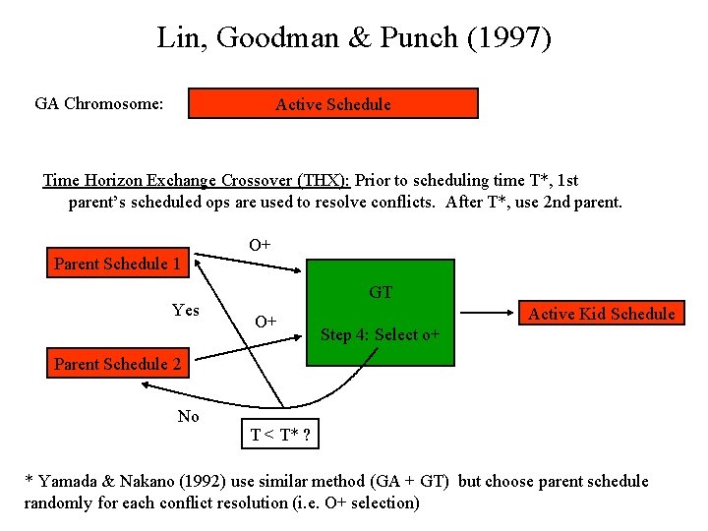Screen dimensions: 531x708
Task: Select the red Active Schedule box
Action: click(333, 104)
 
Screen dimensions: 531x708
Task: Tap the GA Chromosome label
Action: click(98, 103)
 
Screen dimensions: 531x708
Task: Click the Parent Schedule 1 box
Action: click(117, 264)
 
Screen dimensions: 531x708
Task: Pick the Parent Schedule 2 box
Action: click(117, 364)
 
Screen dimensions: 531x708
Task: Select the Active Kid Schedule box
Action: click(602, 314)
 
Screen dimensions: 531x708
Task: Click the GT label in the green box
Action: click(381, 292)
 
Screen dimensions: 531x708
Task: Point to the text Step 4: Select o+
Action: click(380, 334)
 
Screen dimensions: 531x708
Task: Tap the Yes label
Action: click(185, 311)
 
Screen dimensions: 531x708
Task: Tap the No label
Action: click(188, 416)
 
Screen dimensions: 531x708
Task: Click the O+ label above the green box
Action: click(260, 244)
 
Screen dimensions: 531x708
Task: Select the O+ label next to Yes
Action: click(265, 322)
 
